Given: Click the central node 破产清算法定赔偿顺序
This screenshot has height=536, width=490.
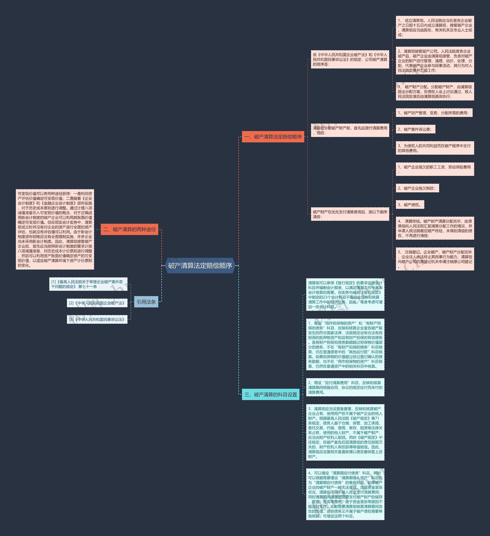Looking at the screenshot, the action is coord(200,265).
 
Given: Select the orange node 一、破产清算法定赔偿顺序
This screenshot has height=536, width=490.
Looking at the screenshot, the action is coord(273,137).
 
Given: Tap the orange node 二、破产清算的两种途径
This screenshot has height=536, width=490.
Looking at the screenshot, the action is coord(129,229).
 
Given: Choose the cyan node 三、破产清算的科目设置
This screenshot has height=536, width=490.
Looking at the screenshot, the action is coord(270,394).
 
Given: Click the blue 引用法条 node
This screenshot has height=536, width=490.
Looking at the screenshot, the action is coord(146,302).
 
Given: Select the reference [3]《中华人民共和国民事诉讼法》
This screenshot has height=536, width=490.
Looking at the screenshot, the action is coord(97,319).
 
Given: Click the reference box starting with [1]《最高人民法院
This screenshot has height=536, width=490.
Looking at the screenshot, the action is coord(88,284).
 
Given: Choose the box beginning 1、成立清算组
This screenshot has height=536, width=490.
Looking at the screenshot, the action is coord(435,27).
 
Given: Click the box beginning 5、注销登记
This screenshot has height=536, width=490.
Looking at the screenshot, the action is coord(435,259).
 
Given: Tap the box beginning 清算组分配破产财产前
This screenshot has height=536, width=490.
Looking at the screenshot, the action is coord(350,130).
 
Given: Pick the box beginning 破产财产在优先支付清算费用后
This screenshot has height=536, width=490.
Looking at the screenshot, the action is coord(350,214).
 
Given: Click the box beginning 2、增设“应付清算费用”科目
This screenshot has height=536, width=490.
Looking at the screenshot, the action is coord(345,387).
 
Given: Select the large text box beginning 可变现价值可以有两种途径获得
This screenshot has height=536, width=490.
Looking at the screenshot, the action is coord(55,229).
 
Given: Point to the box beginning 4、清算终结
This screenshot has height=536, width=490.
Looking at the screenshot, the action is coord(435,228).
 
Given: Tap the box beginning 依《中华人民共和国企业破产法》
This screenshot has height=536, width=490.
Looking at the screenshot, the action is coord(350,59).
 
